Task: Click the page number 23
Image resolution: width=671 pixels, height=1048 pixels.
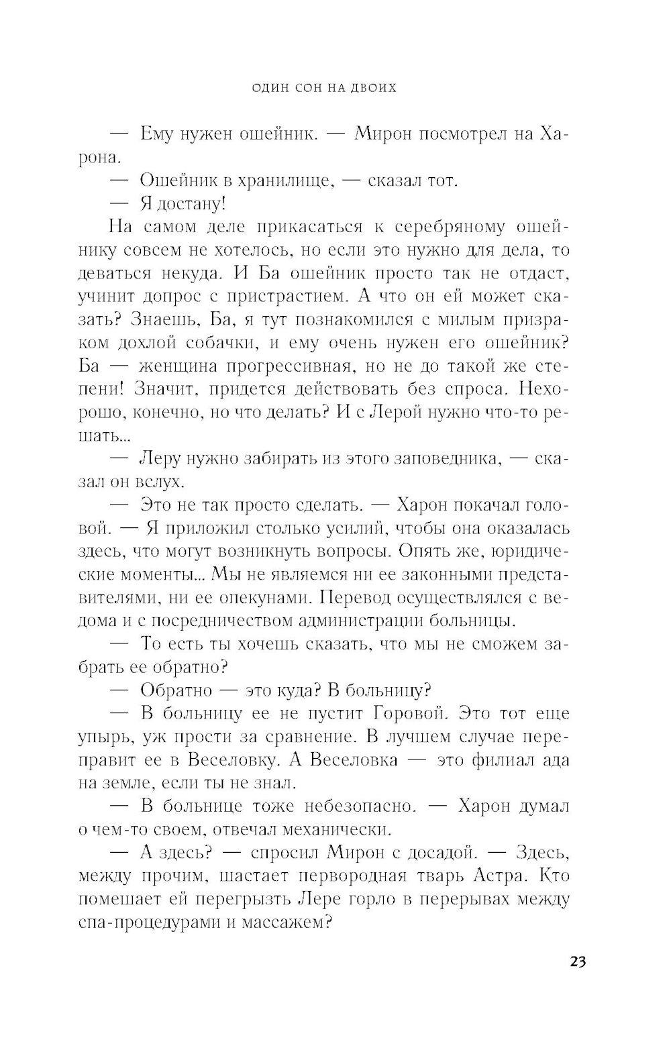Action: pos(578,961)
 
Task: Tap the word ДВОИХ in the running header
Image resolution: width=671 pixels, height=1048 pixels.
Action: pos(372,88)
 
